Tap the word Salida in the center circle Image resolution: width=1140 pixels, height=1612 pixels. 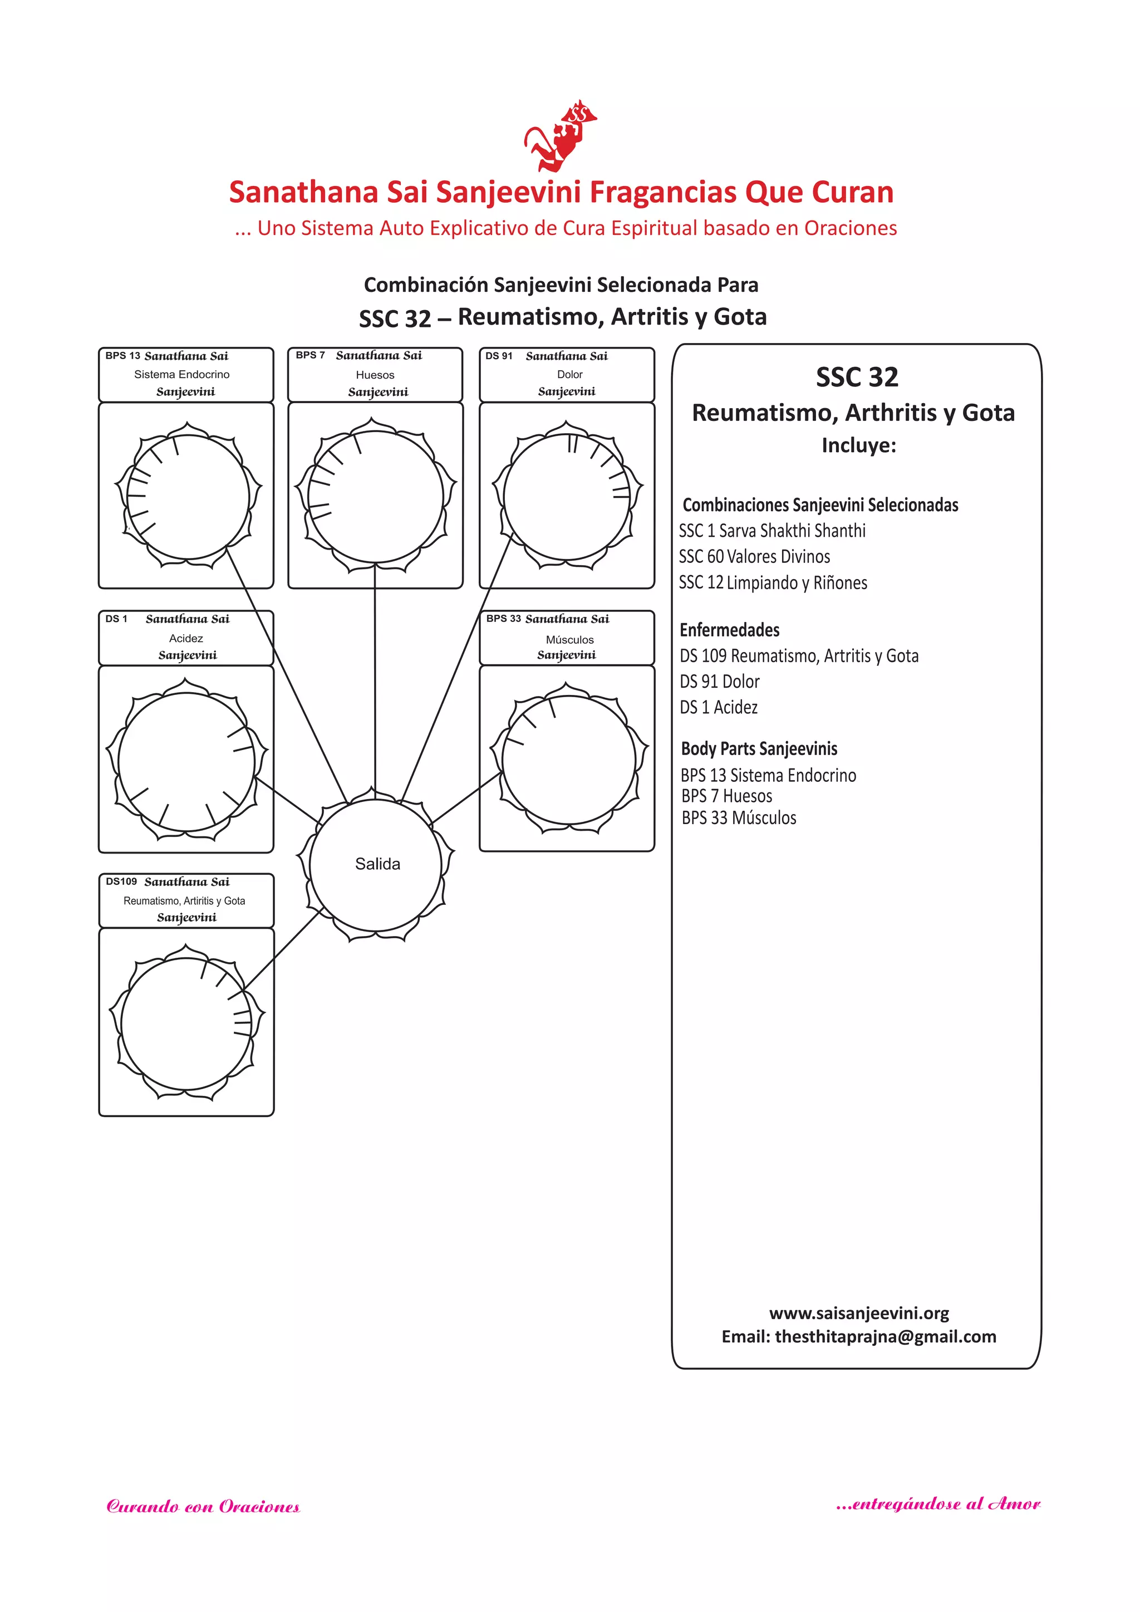point(377,864)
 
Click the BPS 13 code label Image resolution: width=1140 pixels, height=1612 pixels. point(123,356)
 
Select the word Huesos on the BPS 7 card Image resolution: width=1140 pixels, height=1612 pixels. point(375,375)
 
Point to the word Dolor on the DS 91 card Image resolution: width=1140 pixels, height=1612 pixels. point(569,375)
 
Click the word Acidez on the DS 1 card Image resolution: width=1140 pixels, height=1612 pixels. point(186,638)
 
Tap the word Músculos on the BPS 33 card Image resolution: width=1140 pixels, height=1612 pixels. point(569,640)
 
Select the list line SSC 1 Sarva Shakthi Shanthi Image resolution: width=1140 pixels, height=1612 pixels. point(772,531)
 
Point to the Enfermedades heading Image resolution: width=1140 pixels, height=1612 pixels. point(729,630)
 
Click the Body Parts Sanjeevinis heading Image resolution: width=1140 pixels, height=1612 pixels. point(759,748)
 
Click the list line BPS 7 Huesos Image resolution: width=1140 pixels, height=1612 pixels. point(726,796)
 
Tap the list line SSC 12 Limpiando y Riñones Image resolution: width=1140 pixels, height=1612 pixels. point(773,583)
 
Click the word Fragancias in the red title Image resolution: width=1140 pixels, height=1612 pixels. point(662,192)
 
